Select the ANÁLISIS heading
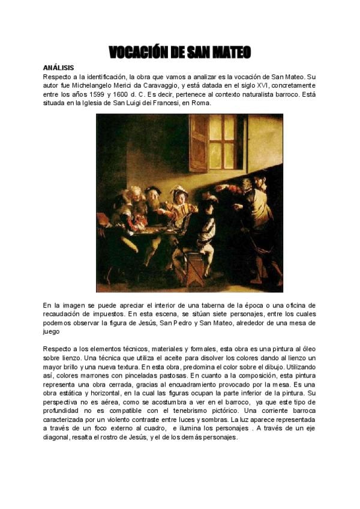[58, 68]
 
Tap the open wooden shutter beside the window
[198, 143]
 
